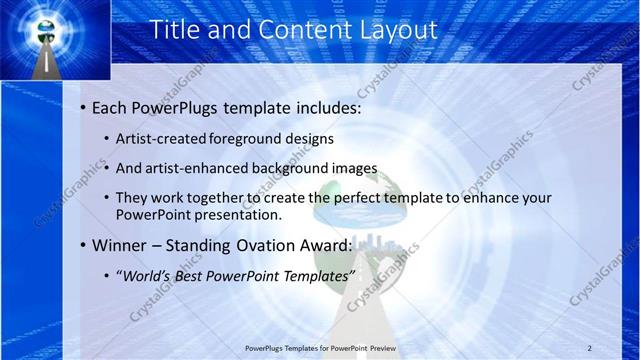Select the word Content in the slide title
[x=297, y=30]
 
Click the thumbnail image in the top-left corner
[x=42, y=40]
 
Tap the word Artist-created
[x=160, y=139]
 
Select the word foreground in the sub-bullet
[x=245, y=139]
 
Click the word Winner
[x=123, y=245]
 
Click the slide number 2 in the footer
[x=591, y=347]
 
